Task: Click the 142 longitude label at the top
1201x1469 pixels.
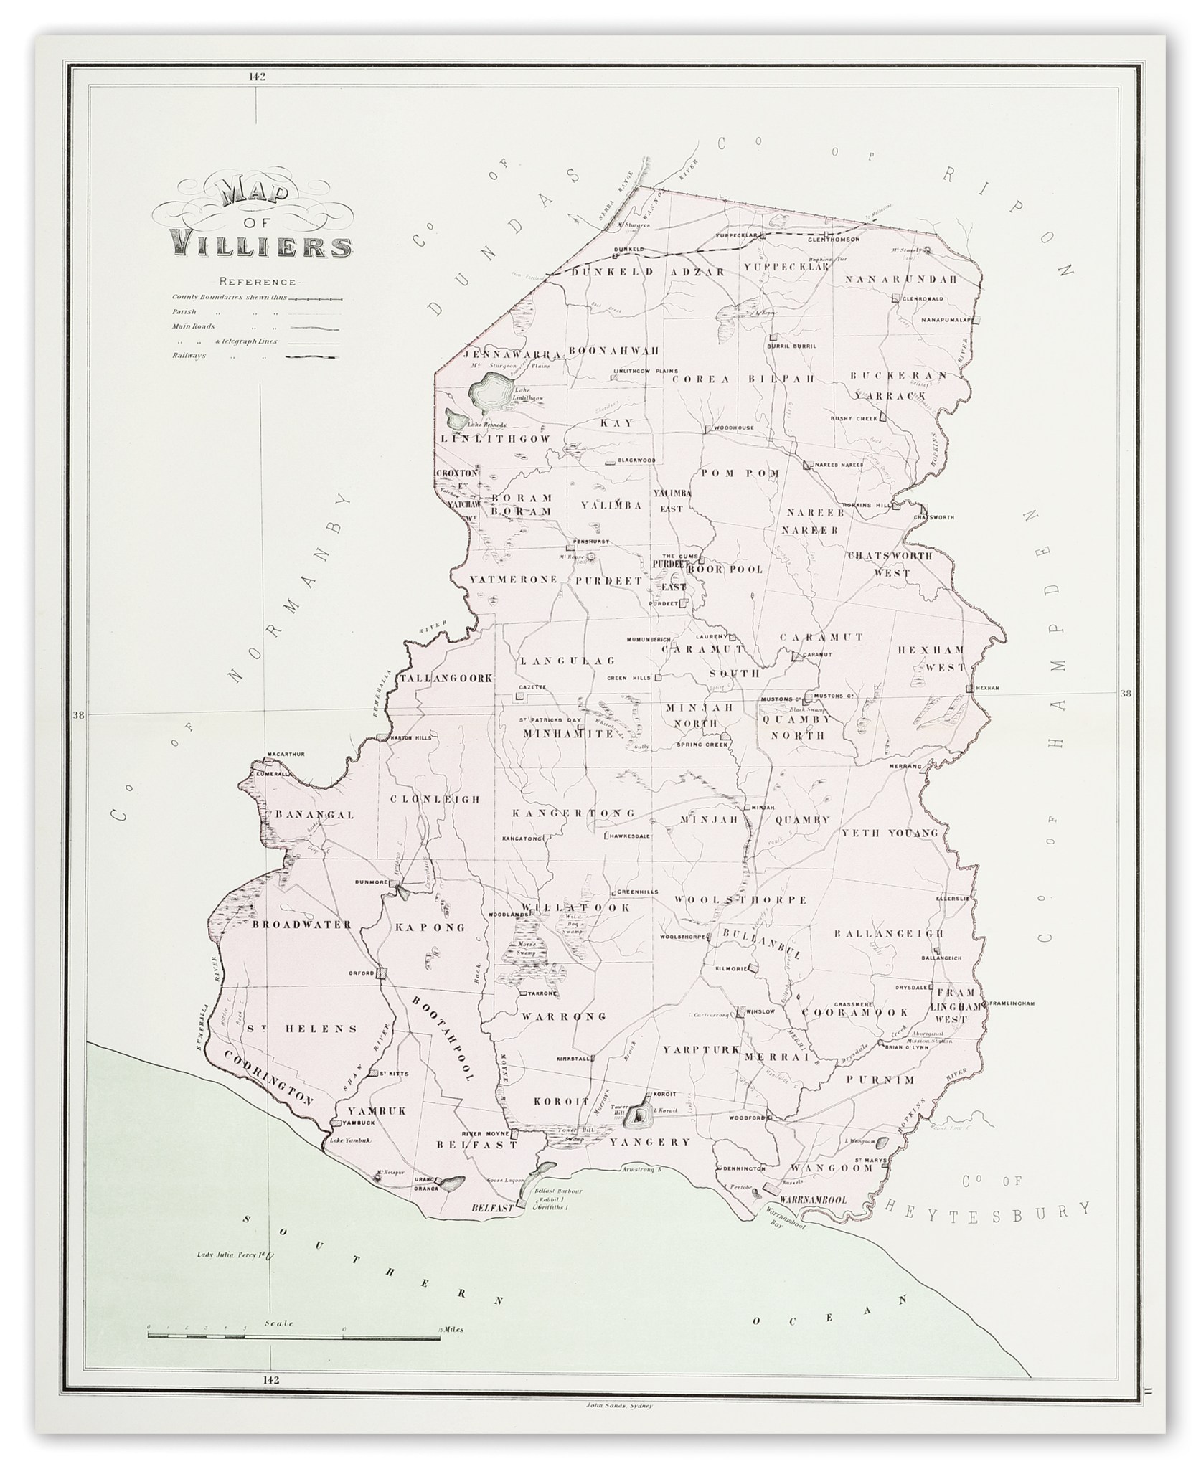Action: point(256,77)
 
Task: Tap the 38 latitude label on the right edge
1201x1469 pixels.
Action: point(1125,694)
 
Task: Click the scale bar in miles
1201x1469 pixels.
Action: point(293,1331)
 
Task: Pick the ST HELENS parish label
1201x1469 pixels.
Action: point(301,1029)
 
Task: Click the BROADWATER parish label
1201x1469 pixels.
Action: point(301,925)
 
